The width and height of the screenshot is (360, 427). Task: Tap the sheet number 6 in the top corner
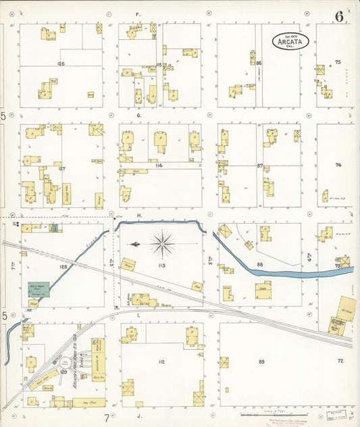click(x=338, y=16)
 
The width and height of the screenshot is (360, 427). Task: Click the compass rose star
click(x=163, y=243)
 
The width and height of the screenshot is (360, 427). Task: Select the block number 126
click(x=61, y=64)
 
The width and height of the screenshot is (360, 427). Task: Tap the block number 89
click(x=261, y=363)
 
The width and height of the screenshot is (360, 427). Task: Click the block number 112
click(x=161, y=362)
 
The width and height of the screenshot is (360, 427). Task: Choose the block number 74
click(x=339, y=165)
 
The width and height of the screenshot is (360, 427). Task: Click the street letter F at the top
click(x=137, y=14)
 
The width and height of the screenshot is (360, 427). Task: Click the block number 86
click(x=259, y=64)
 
